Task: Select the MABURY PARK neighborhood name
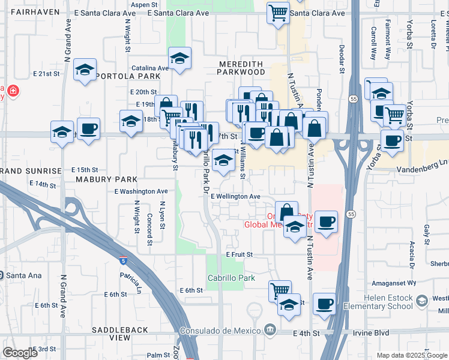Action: tap(106, 179)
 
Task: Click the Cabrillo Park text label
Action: tap(231, 278)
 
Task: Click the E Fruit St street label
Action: tap(240, 255)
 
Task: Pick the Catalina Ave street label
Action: tap(150, 68)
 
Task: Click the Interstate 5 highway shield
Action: tap(124, 260)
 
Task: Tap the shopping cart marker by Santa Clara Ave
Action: tap(277, 13)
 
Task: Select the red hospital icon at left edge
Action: tap(11, 92)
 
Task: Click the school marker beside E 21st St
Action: tap(85, 70)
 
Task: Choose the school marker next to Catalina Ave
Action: tap(179, 58)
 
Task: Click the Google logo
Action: tap(19, 353)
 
